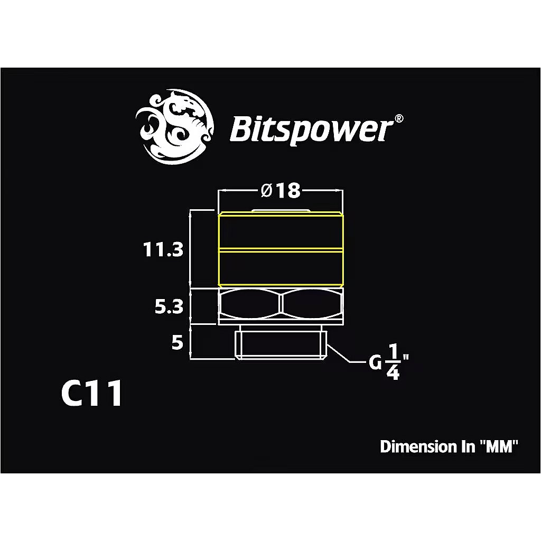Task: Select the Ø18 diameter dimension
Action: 281,191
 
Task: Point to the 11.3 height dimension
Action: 163,249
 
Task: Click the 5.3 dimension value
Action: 169,306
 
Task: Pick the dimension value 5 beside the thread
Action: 177,343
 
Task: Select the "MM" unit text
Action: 497,447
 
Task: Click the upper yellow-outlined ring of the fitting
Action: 281,230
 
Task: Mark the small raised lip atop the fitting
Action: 281,210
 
